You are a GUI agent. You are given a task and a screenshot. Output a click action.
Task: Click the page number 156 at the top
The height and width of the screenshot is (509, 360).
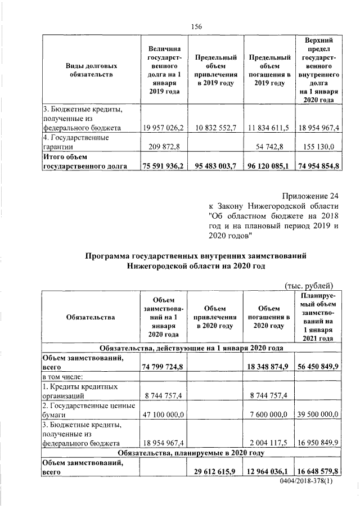(196, 27)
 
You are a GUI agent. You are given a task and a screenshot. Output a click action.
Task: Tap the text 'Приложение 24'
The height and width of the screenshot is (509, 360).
(310, 197)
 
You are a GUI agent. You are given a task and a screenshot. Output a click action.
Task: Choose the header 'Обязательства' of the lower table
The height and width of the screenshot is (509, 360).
(91, 317)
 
